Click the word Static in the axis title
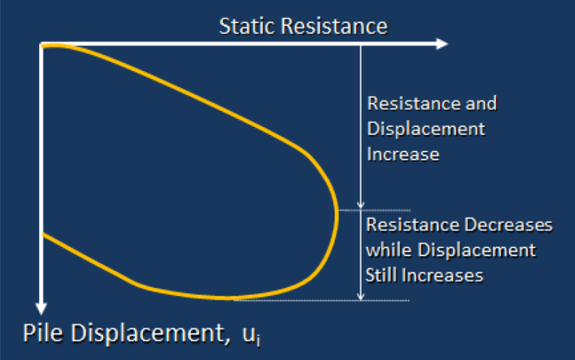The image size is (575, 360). tap(246, 27)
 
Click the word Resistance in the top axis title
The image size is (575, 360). tap(334, 27)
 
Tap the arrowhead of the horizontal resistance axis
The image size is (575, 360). tap(442, 44)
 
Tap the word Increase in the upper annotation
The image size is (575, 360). tap(403, 154)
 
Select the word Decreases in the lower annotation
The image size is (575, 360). tap(509, 224)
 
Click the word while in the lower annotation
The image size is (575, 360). tap(388, 250)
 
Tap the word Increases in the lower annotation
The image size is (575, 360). tap(443, 275)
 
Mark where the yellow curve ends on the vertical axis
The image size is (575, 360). tap(43, 235)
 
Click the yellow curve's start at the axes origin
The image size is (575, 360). tap(43, 46)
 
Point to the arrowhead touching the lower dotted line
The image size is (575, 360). tap(361, 297)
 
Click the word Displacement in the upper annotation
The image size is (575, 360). tap(426, 130)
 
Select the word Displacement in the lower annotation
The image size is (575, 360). tap(477, 251)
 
